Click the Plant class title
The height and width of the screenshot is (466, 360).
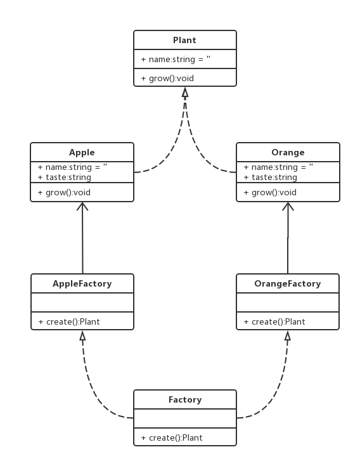(184, 40)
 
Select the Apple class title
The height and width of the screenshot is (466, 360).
(82, 152)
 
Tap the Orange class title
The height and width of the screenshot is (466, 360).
(288, 152)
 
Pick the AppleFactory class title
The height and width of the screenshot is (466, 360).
(82, 283)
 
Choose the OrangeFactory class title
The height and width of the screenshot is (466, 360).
(288, 283)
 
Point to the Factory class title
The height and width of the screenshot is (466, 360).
(184, 399)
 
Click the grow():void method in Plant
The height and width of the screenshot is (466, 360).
(167, 79)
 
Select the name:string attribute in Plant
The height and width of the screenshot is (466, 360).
(176, 59)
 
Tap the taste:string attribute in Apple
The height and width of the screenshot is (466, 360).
(64, 177)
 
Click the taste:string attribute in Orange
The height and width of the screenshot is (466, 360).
(270, 177)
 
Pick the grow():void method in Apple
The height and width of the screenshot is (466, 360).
(64, 192)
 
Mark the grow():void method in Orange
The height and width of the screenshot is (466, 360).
(270, 192)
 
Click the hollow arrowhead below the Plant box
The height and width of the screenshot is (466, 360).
(185, 92)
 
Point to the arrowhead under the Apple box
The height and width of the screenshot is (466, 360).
(82, 206)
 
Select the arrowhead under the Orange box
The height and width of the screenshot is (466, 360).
(288, 206)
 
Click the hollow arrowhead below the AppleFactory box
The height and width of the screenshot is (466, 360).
(82, 335)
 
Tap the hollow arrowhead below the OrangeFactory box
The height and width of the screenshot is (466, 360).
(288, 335)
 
